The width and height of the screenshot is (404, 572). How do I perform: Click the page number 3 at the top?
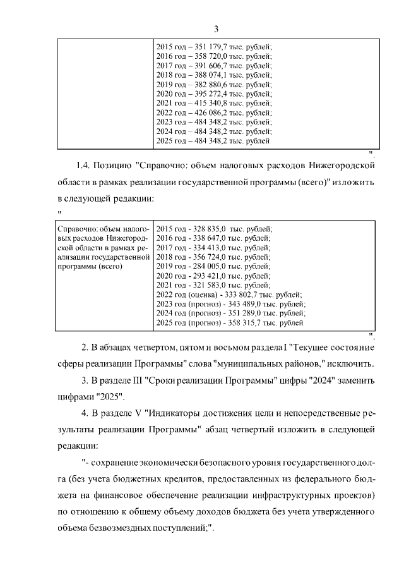(x=216, y=29)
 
